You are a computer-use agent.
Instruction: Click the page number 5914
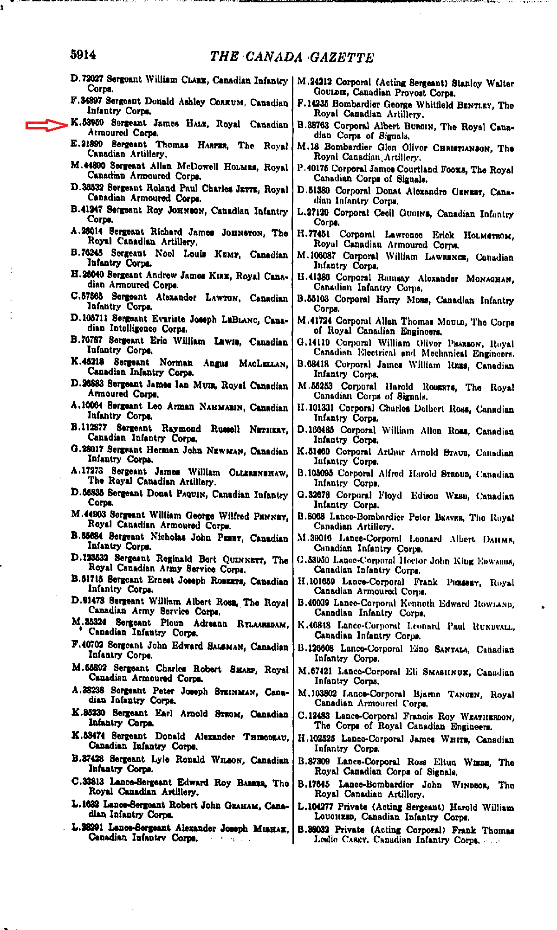point(83,55)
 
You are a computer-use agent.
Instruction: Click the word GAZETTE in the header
point(342,58)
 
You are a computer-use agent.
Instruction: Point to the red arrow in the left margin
point(47,125)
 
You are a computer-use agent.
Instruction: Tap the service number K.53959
point(87,123)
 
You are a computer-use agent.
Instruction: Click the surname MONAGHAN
point(490,279)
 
